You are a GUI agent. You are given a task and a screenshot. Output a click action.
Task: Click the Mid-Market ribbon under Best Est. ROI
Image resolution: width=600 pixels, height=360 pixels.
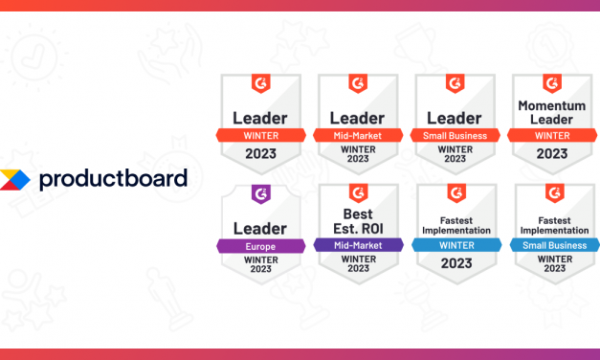point(359,245)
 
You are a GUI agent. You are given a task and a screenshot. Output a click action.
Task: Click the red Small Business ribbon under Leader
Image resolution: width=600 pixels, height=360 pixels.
point(456,135)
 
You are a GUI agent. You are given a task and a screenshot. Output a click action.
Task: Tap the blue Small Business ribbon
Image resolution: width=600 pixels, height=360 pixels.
point(552,245)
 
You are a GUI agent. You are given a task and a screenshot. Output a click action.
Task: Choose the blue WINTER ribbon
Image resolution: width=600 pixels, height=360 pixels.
point(456,245)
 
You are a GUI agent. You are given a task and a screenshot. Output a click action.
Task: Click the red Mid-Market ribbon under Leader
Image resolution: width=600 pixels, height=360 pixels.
point(359,135)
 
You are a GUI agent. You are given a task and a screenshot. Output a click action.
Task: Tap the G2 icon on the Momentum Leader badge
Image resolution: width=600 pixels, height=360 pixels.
point(552,83)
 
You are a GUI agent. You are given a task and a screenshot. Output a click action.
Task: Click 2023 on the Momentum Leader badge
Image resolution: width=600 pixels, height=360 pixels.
point(552,152)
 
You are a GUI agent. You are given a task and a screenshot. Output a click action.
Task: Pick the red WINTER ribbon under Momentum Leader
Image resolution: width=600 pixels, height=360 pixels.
point(552,135)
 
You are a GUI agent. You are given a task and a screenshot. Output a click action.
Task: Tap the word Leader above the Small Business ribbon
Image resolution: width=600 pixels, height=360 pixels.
point(456,118)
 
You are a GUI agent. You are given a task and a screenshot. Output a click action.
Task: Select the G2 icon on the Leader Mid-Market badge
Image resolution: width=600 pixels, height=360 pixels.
point(359,83)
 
